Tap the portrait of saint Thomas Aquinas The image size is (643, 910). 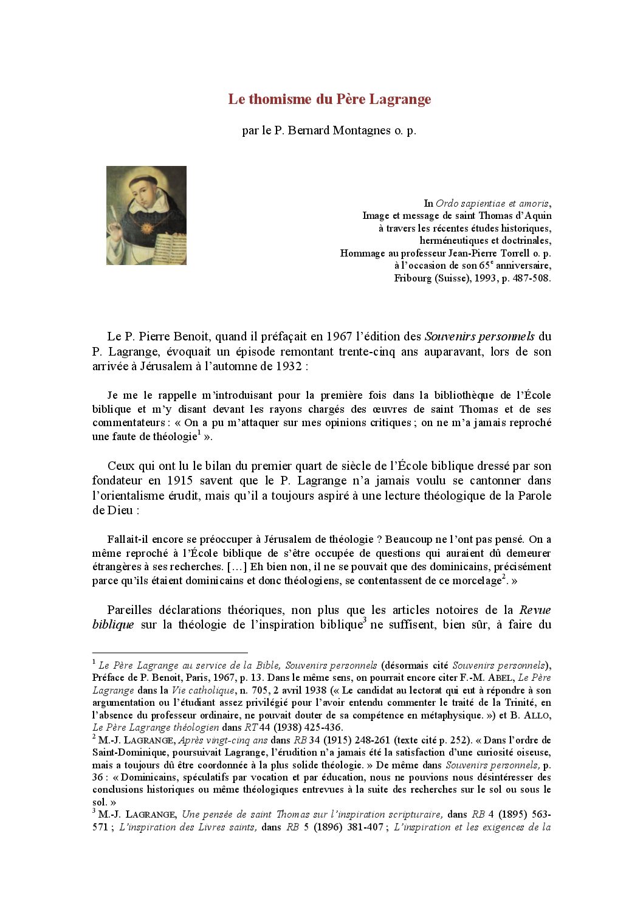coord(146,215)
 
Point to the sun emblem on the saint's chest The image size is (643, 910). coord(146,228)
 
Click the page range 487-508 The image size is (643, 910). coord(531,278)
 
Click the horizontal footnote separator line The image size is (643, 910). coord(170,652)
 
